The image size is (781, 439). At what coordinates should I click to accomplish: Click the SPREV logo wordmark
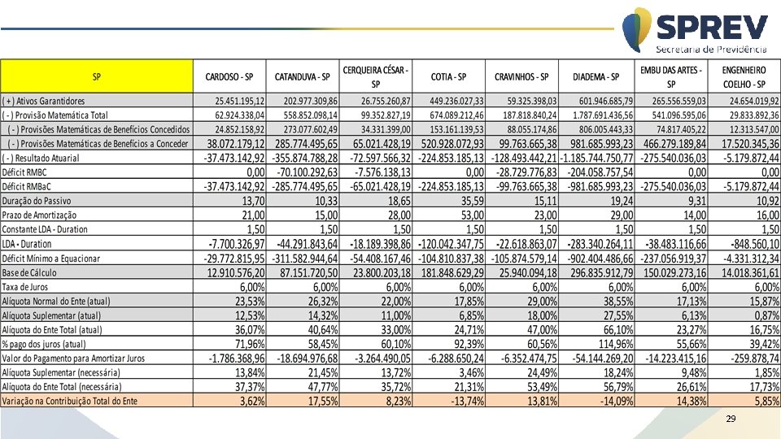pos(710,29)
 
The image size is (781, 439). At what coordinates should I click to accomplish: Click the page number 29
pos(730,419)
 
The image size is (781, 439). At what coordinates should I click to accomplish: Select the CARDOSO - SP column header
pos(229,77)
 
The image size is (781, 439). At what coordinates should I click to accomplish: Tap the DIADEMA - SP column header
pos(596,77)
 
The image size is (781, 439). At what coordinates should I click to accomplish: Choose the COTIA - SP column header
pos(448,77)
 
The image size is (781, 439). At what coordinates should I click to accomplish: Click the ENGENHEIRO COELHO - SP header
pos(744,77)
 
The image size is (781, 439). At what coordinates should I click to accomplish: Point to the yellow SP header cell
pos(97,77)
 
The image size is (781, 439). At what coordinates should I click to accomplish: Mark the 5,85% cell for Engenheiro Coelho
pos(764,401)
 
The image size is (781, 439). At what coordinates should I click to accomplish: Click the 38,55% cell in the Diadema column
pos(614,301)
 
